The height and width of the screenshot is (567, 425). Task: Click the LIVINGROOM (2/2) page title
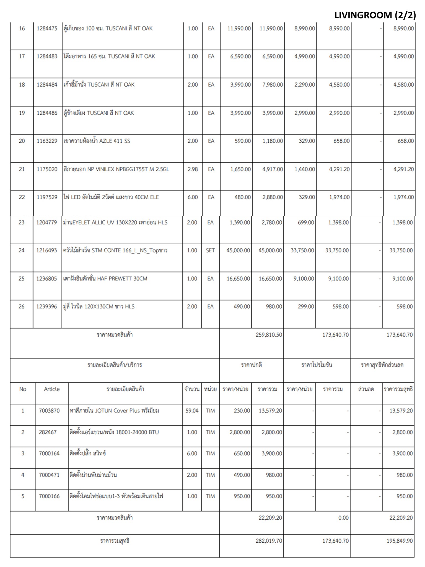(375, 15)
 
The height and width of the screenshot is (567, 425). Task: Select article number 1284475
(47, 29)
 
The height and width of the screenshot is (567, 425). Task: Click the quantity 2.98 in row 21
(193, 169)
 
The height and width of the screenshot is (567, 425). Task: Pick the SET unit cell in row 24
(210, 251)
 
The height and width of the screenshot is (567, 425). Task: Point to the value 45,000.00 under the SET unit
(238, 251)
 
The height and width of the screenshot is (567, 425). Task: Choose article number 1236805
(46, 279)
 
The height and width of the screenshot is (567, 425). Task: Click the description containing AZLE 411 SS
(97, 141)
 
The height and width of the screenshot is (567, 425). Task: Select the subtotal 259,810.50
(269, 335)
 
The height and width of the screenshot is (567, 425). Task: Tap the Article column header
(52, 389)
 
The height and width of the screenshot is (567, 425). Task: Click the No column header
(23, 389)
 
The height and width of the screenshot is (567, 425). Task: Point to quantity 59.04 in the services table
(192, 411)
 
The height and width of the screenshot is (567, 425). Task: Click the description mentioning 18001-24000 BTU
(114, 432)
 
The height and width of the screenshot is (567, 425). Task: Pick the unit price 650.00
(242, 453)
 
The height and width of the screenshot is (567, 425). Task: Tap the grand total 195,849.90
(400, 541)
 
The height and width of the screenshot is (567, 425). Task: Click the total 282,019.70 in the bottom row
(269, 541)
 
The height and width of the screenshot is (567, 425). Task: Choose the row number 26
(21, 306)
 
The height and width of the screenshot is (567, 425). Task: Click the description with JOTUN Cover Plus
(114, 411)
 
